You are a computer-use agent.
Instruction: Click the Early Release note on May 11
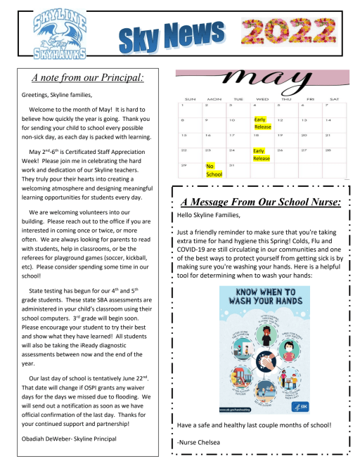coord(262,124)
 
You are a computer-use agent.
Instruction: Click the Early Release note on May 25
coord(262,155)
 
